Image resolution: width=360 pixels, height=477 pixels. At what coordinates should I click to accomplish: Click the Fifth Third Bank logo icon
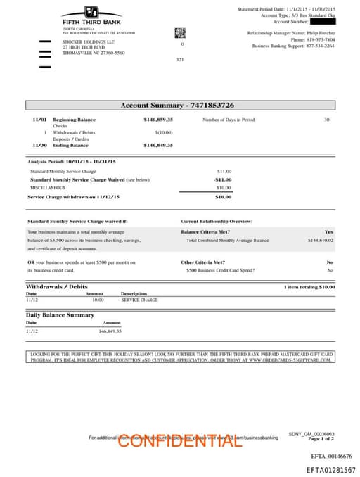(91, 12)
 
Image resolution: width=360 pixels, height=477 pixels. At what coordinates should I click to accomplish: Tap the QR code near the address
(179, 32)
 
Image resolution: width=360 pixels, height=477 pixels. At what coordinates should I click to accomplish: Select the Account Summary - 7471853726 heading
(177, 105)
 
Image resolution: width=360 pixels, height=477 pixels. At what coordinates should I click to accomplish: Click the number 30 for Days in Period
(326, 120)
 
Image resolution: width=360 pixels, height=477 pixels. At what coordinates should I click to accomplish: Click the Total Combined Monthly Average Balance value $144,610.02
(320, 240)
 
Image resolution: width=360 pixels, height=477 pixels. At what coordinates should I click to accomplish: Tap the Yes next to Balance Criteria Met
(328, 231)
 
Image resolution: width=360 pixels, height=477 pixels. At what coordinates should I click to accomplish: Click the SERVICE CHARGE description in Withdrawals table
(139, 300)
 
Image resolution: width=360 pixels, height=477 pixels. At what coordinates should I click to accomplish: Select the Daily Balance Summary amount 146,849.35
(110, 331)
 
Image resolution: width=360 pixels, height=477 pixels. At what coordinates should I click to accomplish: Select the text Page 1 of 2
(321, 438)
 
